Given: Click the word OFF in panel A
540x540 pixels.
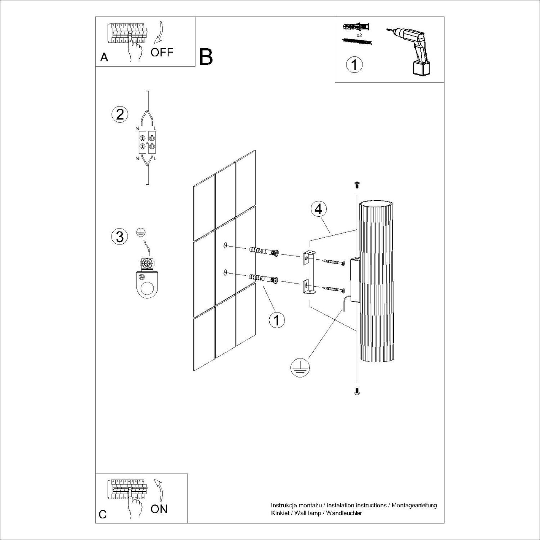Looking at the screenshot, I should coord(162,52).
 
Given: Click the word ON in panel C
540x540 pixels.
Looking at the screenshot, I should coord(159,509).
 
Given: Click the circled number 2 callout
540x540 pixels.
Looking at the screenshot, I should coord(120,114).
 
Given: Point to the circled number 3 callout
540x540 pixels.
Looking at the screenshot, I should coord(120,237).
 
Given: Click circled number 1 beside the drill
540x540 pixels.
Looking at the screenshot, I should coord(354,65).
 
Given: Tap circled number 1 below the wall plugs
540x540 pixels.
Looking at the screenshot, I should coord(276,320).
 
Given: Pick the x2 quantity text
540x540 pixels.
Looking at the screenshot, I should coord(359,35).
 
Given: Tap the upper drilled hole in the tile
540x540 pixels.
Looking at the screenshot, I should coord(225,246).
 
